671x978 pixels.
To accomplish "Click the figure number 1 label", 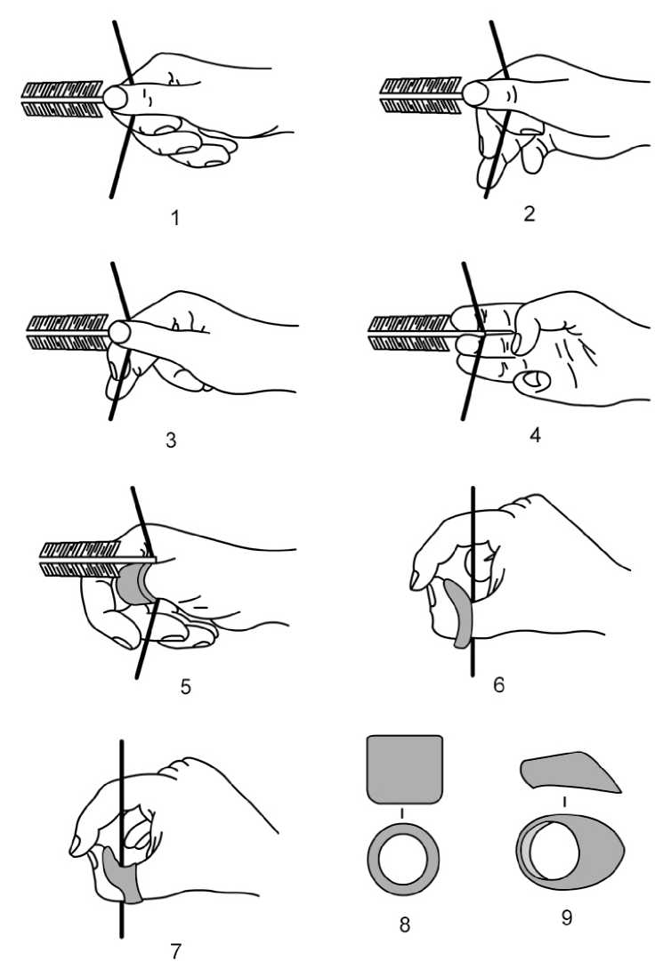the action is click(175, 218).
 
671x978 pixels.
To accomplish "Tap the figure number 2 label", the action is click(530, 214).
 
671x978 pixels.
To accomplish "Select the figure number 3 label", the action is click(171, 440).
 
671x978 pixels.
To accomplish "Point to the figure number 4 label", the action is click(535, 435).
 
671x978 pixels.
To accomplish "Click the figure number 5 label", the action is click(185, 686).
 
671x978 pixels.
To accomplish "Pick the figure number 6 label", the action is click(499, 684).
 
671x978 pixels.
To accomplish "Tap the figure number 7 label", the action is click(175, 950).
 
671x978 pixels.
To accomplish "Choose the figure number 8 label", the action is click(405, 924).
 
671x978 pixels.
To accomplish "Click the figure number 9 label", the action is click(566, 917).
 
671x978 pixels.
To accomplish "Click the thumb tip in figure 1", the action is click(116, 98).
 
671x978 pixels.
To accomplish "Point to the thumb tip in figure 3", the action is click(120, 332).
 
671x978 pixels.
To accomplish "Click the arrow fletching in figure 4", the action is click(410, 332).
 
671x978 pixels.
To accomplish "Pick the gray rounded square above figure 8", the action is click(405, 769).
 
